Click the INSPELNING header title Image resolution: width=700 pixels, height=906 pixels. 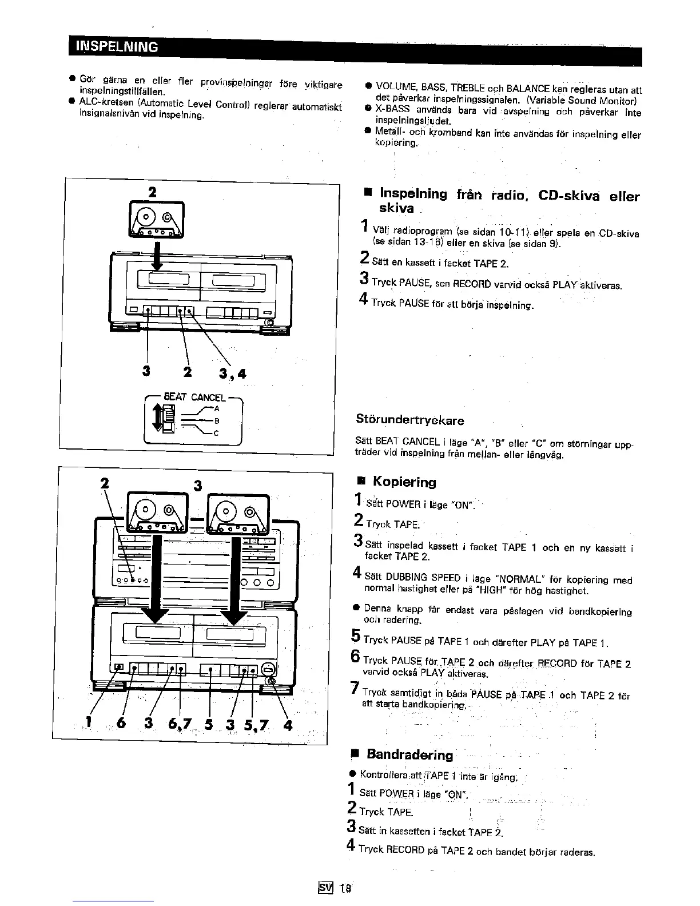(118, 47)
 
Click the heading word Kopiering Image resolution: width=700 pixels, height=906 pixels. (404, 482)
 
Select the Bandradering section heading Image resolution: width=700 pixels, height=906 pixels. (409, 754)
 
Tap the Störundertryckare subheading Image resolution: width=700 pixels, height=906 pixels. (410, 420)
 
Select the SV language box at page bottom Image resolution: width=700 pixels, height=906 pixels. (325, 888)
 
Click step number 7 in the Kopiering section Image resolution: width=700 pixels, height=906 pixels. (355, 688)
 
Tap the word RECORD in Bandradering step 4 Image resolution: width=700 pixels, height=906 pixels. (405, 849)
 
